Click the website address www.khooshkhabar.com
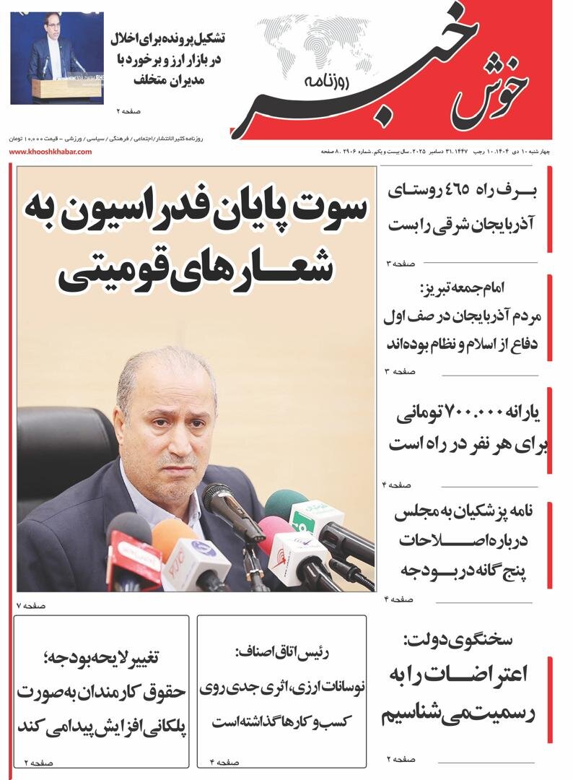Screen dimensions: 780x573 (x=50, y=152)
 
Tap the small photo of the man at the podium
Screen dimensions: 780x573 (x=57, y=58)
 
